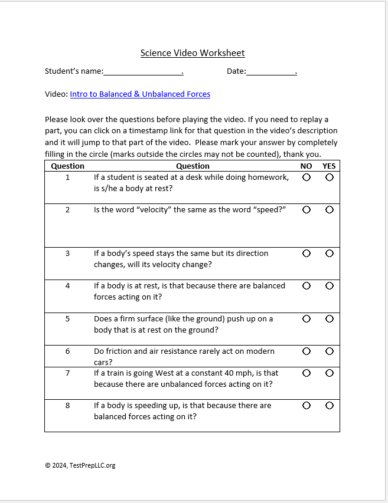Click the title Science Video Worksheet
(x=193, y=53)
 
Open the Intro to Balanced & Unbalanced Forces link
(x=140, y=94)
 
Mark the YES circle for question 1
(x=329, y=177)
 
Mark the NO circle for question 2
(x=306, y=210)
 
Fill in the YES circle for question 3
(x=329, y=254)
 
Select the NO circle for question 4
(x=306, y=286)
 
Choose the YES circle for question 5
(x=329, y=318)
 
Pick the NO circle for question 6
(x=306, y=351)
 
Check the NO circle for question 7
(x=306, y=373)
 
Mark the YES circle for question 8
(x=329, y=406)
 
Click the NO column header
(x=306, y=166)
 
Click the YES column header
(x=329, y=166)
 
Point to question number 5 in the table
(x=67, y=319)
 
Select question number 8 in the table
(x=67, y=406)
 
